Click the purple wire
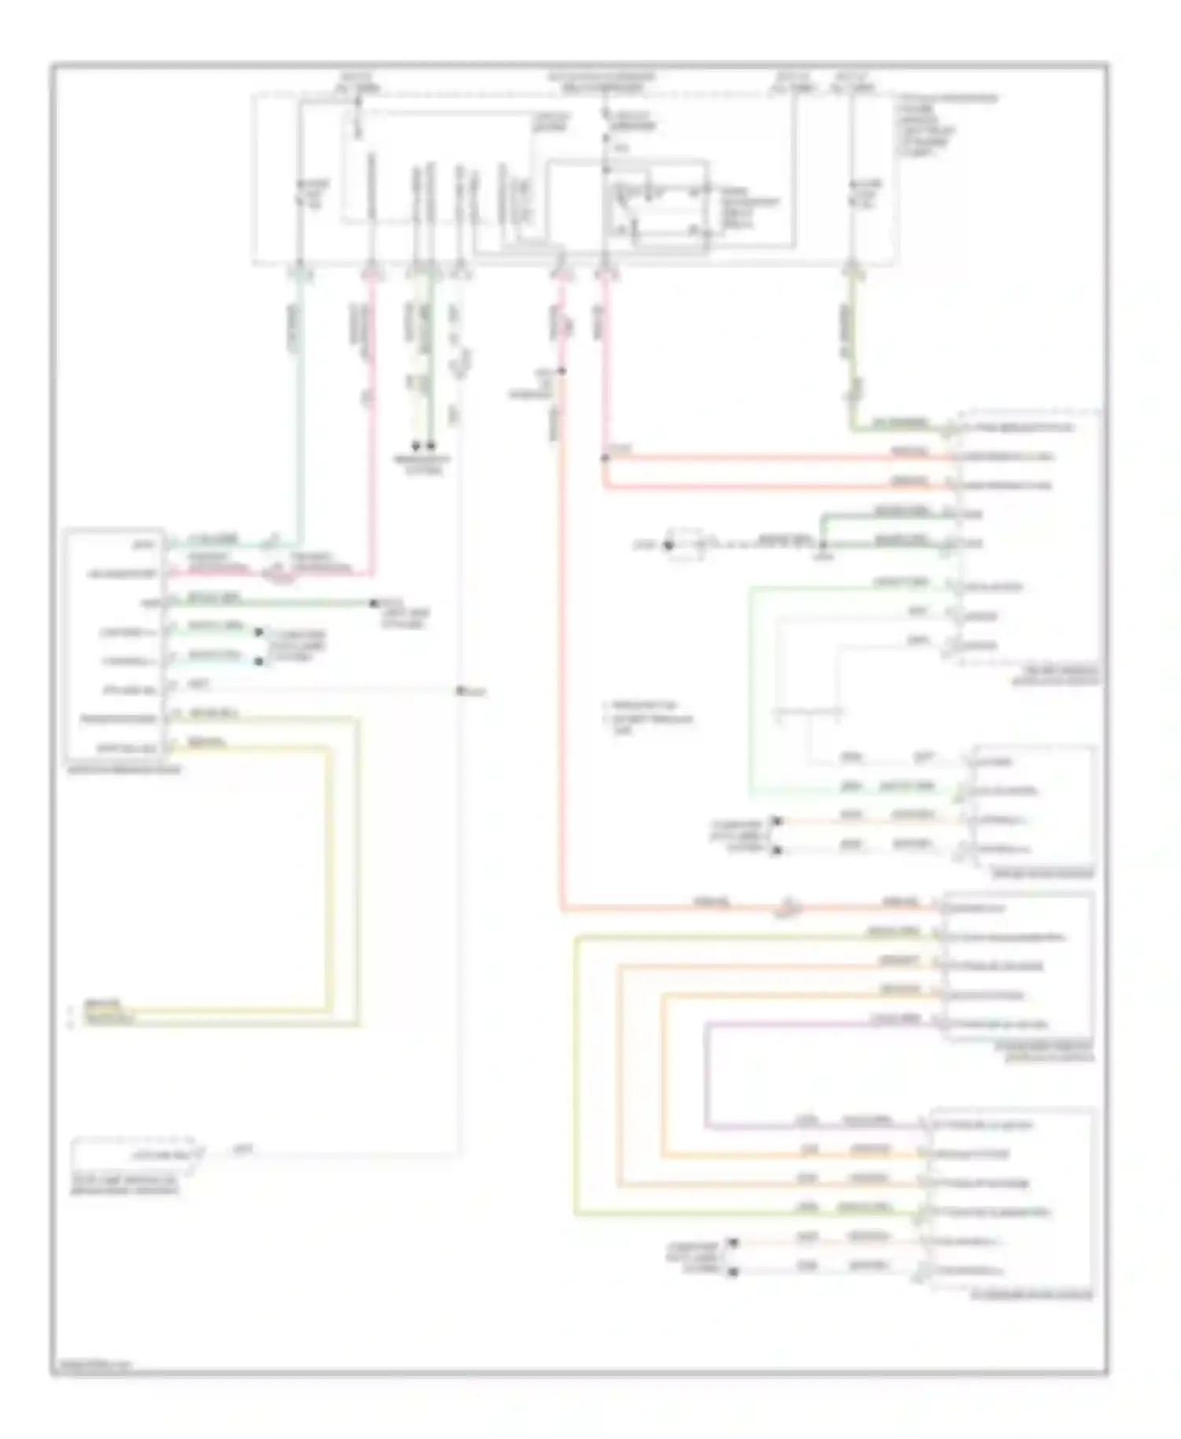point(709,1071)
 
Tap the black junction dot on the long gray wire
point(460,691)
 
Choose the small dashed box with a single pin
point(134,1155)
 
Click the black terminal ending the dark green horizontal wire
point(374,604)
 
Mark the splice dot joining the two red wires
point(605,457)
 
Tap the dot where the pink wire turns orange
point(562,371)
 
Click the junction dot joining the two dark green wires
point(823,545)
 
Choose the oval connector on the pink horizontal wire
point(280,577)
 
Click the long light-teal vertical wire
point(300,409)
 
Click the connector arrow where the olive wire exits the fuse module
point(853,272)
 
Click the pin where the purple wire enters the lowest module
point(924,1126)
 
